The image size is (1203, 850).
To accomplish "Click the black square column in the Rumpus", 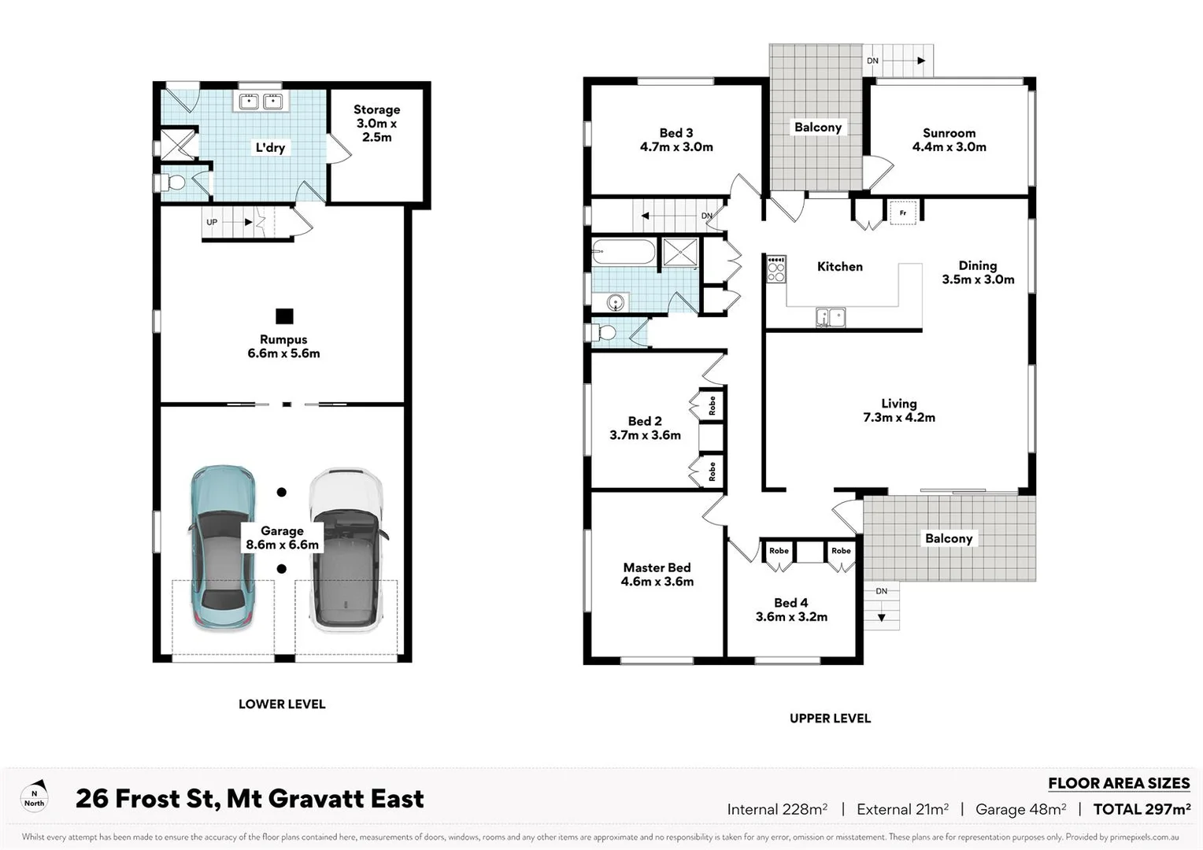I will pos(284,316).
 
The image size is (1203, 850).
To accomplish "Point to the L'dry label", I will pos(270,147).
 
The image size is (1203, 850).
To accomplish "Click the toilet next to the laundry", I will pos(175,183).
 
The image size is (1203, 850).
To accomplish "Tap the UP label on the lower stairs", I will pos(212,222).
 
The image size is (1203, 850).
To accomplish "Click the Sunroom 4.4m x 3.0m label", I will pos(949,140).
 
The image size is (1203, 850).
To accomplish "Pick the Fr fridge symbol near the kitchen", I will pos(902,213).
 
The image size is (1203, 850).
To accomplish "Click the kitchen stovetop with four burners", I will pos(776,269).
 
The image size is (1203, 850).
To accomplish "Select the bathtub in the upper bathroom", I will pos(624,253).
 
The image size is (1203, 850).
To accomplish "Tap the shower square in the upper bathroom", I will pos(679,252).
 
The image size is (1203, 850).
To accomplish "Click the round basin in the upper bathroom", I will pos(615,301).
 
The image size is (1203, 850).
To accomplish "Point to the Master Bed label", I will pos(657,567).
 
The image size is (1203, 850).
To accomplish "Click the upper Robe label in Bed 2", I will pos(712,405).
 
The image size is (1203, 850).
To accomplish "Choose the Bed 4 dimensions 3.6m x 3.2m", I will pos(791,617).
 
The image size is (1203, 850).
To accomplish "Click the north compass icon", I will pos(35,797).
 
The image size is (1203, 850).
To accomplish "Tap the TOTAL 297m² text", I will pos(1142,809).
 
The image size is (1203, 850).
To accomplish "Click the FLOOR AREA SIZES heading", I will pos(1118,783).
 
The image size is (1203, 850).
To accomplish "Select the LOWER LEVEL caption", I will pos(282,704).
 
